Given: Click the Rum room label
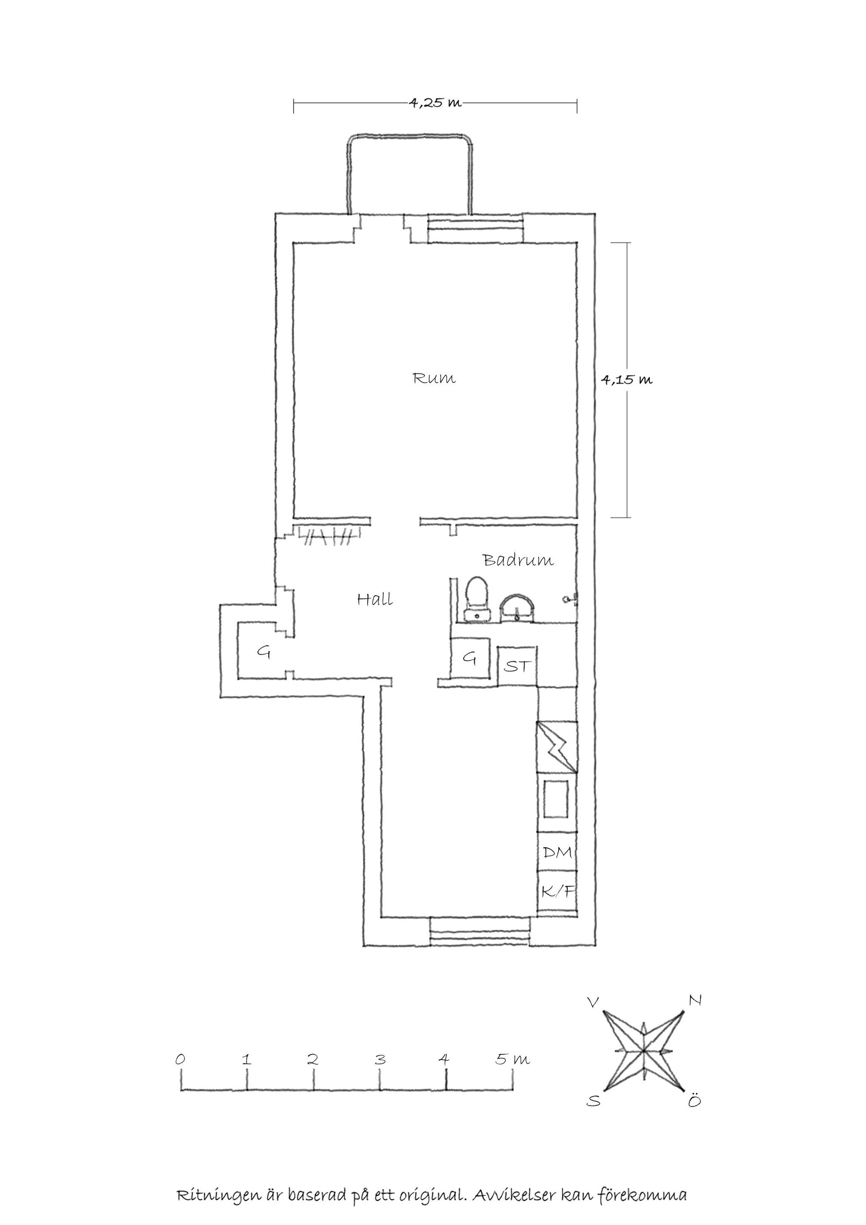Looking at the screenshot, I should pyautogui.click(x=434, y=379).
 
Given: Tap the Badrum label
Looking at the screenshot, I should pyautogui.click(x=518, y=560).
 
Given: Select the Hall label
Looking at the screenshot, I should pyautogui.click(x=375, y=599).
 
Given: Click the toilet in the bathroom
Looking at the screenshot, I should pyautogui.click(x=476, y=599).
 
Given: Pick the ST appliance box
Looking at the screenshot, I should pyautogui.click(x=517, y=666).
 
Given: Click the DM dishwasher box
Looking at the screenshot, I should pyautogui.click(x=557, y=852).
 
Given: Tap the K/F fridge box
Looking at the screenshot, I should pyautogui.click(x=557, y=891).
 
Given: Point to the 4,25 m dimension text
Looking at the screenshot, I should pyautogui.click(x=435, y=102).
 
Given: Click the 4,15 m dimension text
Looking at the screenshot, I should pyautogui.click(x=626, y=380).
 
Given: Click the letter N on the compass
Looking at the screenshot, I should pyautogui.click(x=695, y=1001).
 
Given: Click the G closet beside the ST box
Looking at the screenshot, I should pyautogui.click(x=469, y=659).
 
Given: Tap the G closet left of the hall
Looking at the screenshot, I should pyautogui.click(x=263, y=652).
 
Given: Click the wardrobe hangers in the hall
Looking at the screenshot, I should pyautogui.click(x=327, y=536).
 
